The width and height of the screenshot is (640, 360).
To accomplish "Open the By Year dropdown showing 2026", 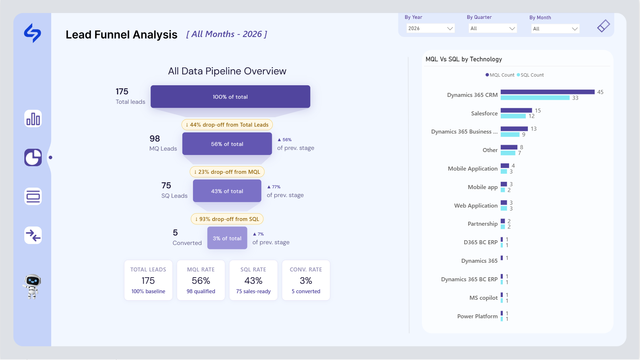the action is coord(430,28).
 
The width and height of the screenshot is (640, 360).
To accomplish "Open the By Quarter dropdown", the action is coord(493,28).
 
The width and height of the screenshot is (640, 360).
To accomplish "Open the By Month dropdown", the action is coord(555,29).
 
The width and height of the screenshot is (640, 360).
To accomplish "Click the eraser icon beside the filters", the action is coord(603,26).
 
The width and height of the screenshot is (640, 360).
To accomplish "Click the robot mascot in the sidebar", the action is coord(32,286).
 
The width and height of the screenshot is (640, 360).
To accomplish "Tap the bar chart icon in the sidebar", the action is coord(33,119).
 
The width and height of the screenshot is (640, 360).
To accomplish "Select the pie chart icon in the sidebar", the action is coord(33,157).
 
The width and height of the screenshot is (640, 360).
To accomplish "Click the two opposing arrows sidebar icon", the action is coord(33,236).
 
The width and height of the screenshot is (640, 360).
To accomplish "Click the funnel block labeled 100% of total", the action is coord(230,97).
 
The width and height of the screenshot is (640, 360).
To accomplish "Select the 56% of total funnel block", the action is coord(227,144).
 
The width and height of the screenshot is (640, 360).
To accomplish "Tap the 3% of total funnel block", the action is coord(227,238).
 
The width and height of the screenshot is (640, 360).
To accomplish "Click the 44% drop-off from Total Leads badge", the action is coord(227,125).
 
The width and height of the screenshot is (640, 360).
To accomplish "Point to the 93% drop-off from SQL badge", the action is coord(227,219).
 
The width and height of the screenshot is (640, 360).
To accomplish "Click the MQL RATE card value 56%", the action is coord(201,281).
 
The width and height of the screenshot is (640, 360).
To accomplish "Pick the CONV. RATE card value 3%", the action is coord(306,281).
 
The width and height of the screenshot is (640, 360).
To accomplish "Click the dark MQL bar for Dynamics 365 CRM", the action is coord(547,92).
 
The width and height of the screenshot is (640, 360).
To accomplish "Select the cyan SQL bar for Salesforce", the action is coord(513,116).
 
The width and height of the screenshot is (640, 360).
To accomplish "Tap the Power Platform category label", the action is coord(477,316).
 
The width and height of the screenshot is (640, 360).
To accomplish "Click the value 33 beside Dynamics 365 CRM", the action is coord(575,98).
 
